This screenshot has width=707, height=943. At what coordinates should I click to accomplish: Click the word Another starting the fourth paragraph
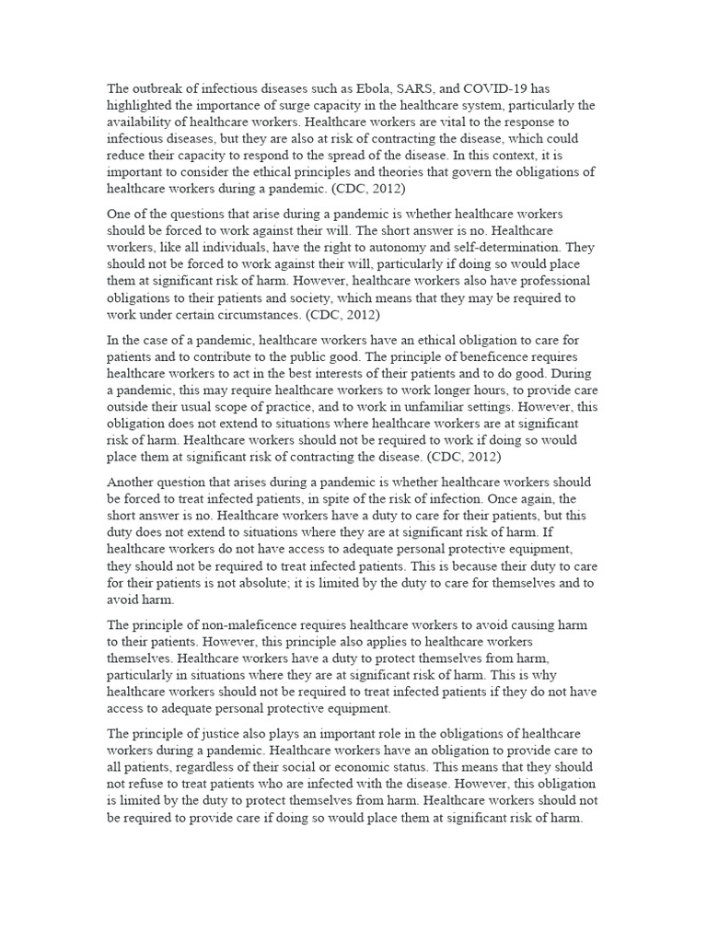tap(134, 483)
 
